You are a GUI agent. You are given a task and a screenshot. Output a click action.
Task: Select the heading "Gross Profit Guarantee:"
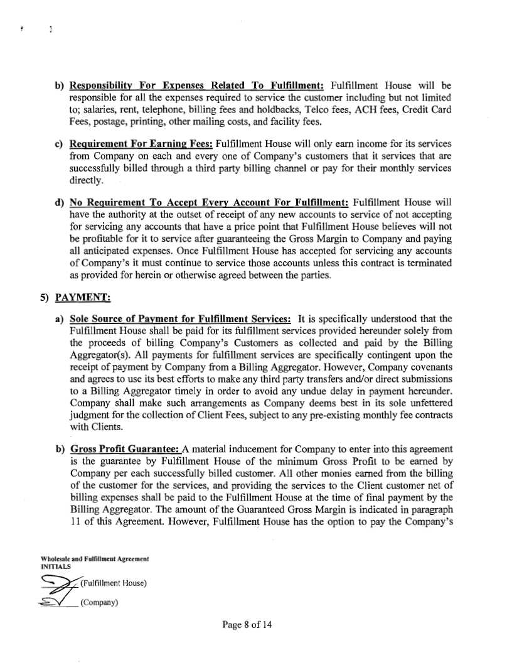pos(125,449)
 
